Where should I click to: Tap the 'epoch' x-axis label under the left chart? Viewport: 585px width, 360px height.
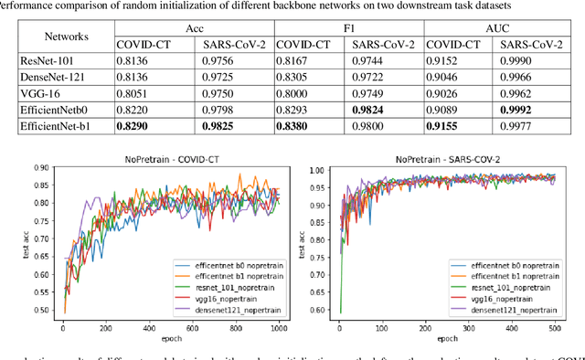point(173,336)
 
